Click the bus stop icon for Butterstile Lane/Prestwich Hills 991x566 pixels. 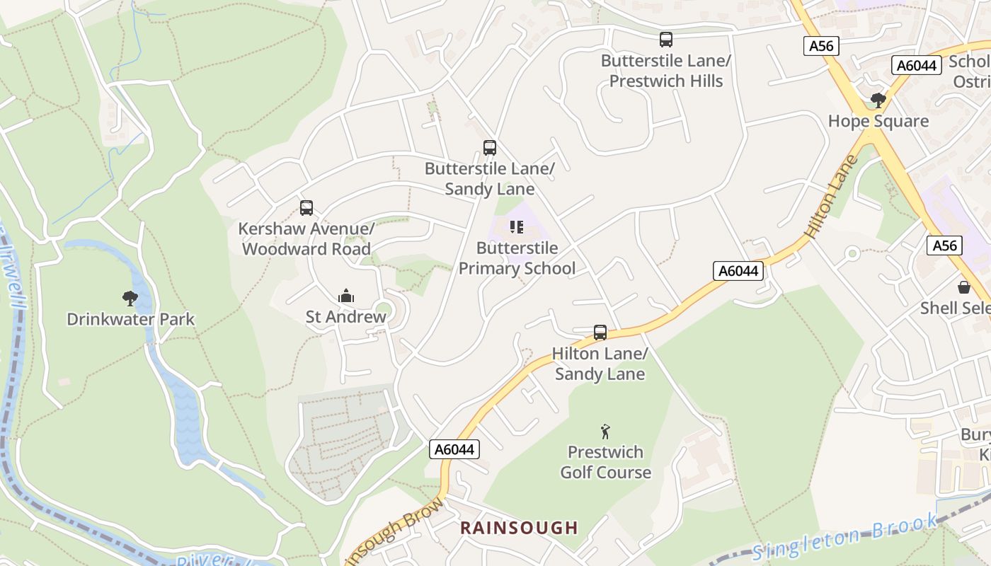pyautogui.click(x=665, y=40)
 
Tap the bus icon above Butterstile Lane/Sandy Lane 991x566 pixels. pyautogui.click(x=489, y=148)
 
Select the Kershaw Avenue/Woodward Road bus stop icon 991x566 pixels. pyautogui.click(x=306, y=208)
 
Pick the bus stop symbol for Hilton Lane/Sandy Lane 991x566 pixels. pyautogui.click(x=600, y=333)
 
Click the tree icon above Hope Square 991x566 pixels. pyautogui.click(x=878, y=100)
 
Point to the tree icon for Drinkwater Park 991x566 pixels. pyautogui.click(x=130, y=299)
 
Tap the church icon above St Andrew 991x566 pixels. pyautogui.click(x=345, y=296)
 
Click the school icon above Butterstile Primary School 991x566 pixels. pyautogui.click(x=517, y=227)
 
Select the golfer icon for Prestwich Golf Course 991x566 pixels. pyautogui.click(x=605, y=431)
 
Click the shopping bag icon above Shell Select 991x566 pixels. pyautogui.click(x=963, y=287)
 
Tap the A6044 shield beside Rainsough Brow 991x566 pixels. pyautogui.click(x=454, y=449)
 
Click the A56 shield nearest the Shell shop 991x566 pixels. pyautogui.click(x=944, y=246)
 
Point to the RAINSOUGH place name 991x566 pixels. pyautogui.click(x=519, y=528)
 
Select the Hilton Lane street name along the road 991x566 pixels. pyautogui.click(x=831, y=197)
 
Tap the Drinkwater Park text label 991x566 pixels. pyautogui.click(x=130, y=319)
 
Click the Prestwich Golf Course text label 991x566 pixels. pyautogui.click(x=605, y=462)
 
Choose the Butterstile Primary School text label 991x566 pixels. pyautogui.click(x=517, y=258)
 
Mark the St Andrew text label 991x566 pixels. pyautogui.click(x=345, y=316)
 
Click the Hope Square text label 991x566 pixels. pyautogui.click(x=878, y=121)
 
